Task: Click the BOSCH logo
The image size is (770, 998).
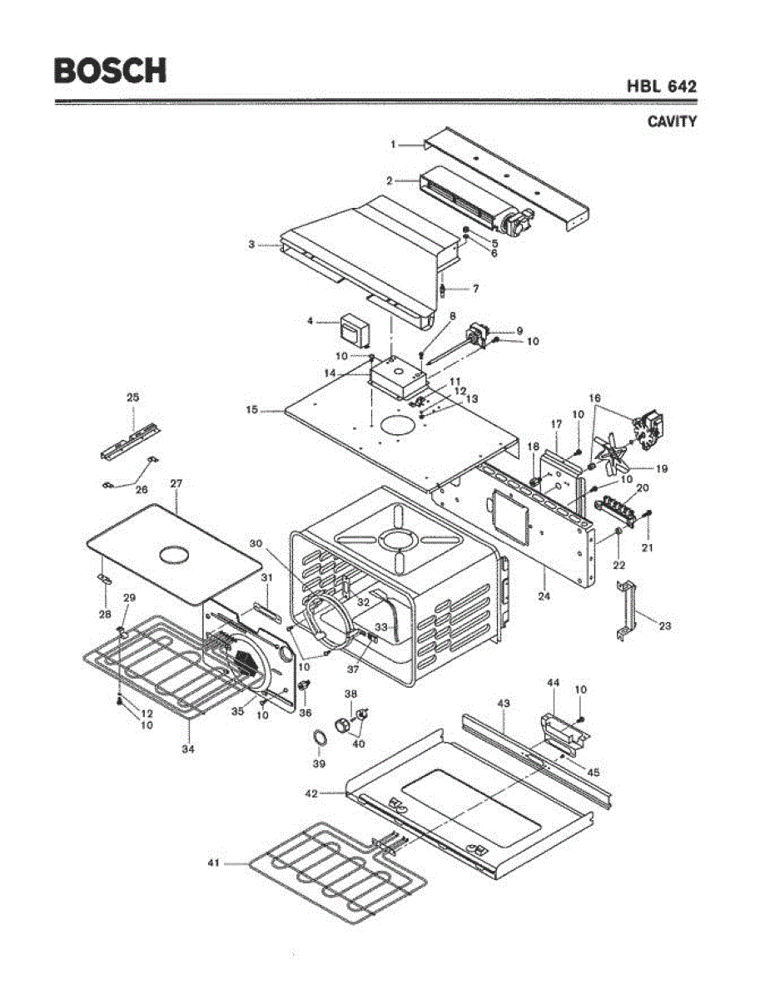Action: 110,70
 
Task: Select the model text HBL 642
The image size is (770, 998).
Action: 662,86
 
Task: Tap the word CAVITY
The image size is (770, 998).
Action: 672,121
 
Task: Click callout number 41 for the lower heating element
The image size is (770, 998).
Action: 214,863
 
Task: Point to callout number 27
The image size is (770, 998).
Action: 176,483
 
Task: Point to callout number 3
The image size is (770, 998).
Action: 251,245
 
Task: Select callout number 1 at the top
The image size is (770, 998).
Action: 394,145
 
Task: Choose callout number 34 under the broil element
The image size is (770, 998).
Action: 189,749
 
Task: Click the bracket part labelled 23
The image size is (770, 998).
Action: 627,611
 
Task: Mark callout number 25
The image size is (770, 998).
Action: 132,398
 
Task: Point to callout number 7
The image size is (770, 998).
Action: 476,289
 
